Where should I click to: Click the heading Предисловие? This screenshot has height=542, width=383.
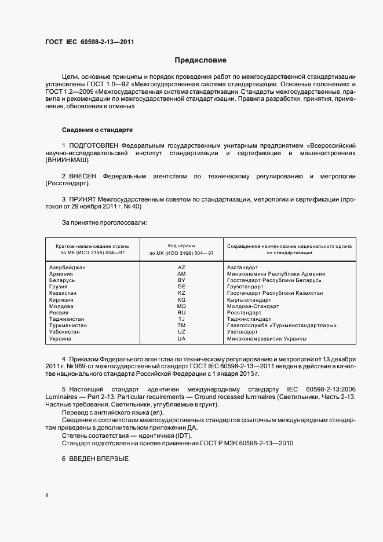(x=200, y=60)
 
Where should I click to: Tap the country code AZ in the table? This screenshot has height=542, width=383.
(x=181, y=267)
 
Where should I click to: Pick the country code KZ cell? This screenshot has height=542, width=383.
(x=181, y=294)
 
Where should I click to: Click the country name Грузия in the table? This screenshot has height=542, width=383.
(x=59, y=287)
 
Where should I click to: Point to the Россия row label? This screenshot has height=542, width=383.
(x=59, y=313)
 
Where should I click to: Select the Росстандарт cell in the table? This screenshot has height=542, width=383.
(x=245, y=313)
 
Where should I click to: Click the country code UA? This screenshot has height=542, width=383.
(x=181, y=339)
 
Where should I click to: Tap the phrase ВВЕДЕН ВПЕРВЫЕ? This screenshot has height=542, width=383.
(x=99, y=458)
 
